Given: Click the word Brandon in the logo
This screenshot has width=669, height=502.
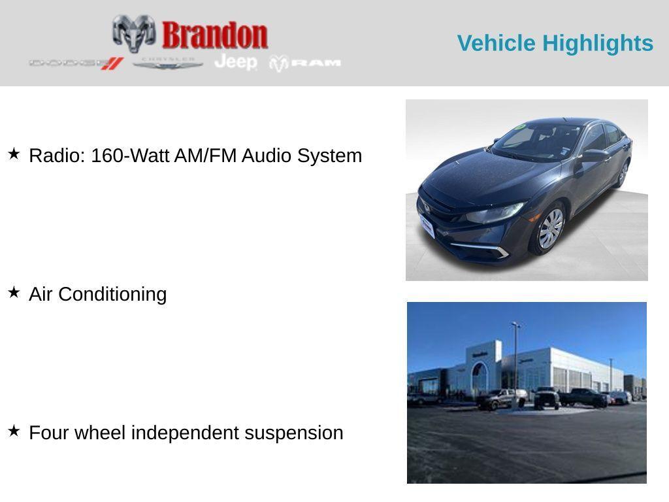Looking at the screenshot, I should point(214,35).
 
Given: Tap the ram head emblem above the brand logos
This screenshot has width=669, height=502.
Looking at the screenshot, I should point(133,33).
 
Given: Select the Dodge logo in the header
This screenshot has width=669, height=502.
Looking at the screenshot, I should point(76,63).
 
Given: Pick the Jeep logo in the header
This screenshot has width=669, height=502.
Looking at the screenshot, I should point(236,62).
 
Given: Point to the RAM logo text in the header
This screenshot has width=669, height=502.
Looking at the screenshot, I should point(316,63).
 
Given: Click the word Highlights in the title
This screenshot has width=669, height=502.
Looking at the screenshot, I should point(598,43).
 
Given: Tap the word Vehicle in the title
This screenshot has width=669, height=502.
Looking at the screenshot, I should point(496,43).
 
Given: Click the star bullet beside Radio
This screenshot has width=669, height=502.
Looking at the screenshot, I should point(14,154).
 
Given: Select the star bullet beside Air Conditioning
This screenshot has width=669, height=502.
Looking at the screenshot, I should point(14,293).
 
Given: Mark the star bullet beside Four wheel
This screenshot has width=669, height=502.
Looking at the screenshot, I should point(14,431).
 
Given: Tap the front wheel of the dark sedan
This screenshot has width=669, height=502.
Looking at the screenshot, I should point(549,229).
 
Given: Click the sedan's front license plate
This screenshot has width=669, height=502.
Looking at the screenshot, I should point(427,227).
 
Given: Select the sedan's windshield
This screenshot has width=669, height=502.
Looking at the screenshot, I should point(532,140).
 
